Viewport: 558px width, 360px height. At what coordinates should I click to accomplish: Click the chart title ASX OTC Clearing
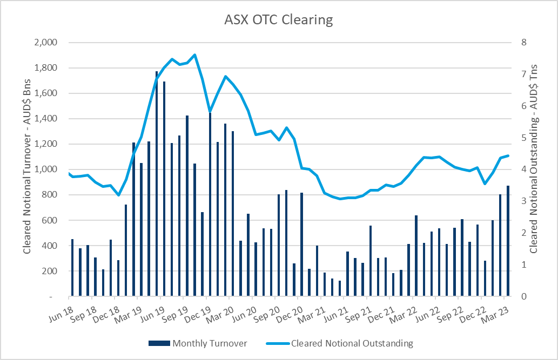point(278,21)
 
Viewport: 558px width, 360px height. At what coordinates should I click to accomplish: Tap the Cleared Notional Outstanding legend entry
point(352,343)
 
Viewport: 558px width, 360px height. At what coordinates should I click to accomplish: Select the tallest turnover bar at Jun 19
point(157,184)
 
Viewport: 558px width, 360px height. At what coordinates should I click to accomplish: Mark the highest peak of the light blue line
point(194,55)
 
